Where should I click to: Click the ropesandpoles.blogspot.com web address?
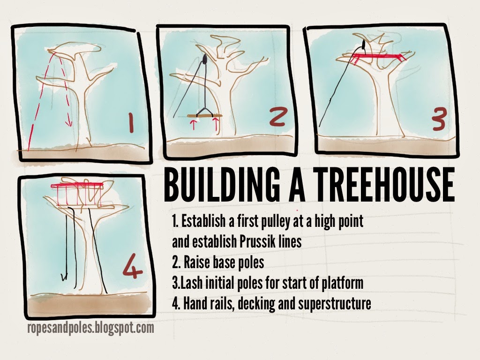(x=90, y=328)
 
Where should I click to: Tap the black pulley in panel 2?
(x=205, y=60)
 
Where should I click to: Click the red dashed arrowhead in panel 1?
(x=68, y=123)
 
